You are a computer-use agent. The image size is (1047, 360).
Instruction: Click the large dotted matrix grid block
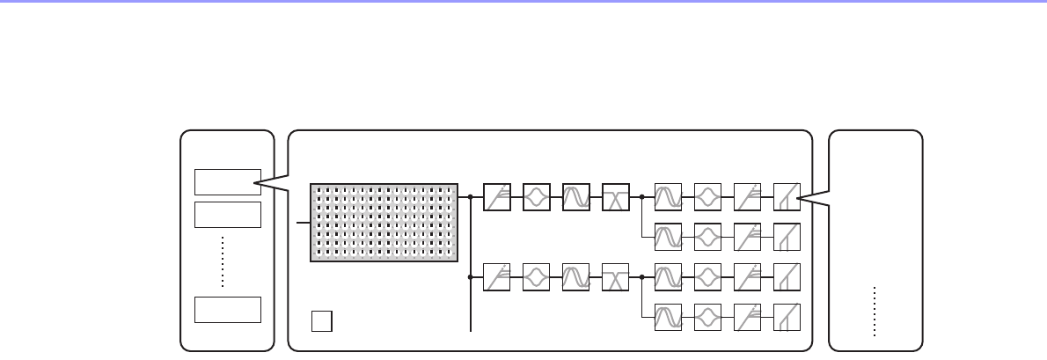(384, 223)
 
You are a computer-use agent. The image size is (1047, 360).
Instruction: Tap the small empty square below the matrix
(321, 321)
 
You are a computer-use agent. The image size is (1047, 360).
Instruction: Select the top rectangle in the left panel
(227, 181)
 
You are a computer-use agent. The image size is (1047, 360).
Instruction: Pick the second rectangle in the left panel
(227, 214)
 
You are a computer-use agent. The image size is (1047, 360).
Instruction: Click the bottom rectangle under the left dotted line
(227, 310)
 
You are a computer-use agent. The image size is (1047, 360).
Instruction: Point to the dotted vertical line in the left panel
(223, 261)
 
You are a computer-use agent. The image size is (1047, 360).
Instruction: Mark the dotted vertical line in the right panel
(875, 311)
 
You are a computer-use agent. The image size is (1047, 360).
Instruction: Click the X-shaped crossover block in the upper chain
(615, 197)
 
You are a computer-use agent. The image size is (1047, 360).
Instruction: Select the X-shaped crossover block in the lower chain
(615, 276)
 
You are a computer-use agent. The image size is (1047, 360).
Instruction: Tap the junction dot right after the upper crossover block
(643, 197)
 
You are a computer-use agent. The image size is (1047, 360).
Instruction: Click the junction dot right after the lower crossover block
(643, 276)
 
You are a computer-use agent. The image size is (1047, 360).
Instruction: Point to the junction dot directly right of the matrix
(472, 197)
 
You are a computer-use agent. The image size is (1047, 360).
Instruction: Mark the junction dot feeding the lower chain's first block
(472, 276)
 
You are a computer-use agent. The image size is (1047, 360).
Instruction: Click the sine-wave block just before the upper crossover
(575, 197)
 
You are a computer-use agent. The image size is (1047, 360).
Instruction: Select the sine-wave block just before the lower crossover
(575, 276)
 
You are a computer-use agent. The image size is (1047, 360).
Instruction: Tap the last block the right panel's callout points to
(786, 197)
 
